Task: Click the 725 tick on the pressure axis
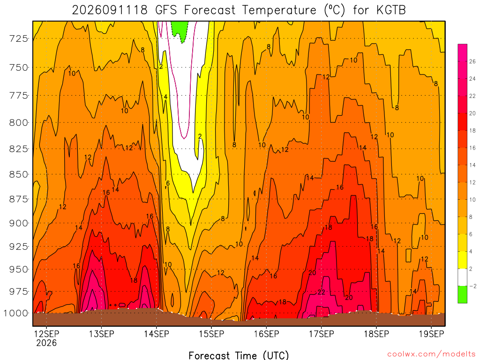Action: [x=18, y=39]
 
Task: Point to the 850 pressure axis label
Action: [x=18, y=174]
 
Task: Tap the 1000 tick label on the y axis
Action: [x=15, y=313]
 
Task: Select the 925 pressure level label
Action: [x=18, y=247]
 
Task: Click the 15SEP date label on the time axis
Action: [x=211, y=334]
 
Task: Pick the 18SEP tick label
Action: [x=376, y=334]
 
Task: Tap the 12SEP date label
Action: [x=46, y=334]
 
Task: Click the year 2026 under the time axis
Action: [x=46, y=343]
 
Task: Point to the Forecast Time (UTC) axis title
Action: [x=239, y=355]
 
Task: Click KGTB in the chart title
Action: [x=391, y=10]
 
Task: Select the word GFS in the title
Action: [x=166, y=10]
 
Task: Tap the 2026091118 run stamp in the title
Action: [x=110, y=10]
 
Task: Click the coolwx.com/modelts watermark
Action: [x=431, y=354]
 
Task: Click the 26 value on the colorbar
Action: [x=472, y=61]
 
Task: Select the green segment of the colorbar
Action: [x=463, y=294]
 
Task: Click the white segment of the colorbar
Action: [x=463, y=277]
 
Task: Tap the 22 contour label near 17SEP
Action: [x=321, y=292]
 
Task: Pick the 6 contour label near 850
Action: [x=168, y=183]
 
